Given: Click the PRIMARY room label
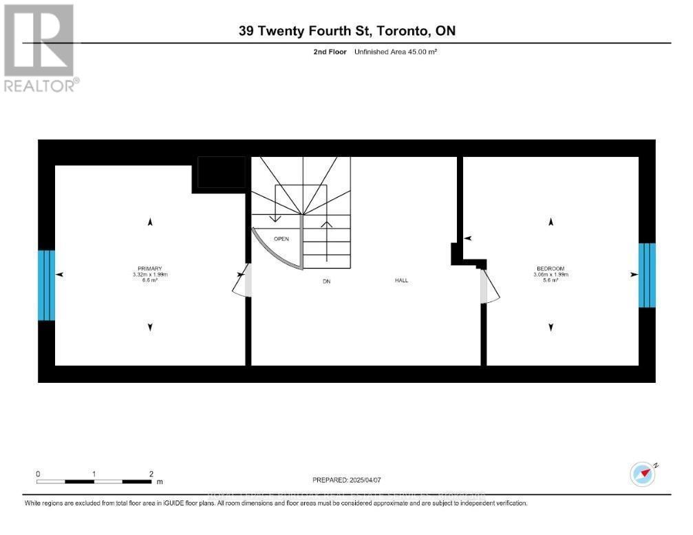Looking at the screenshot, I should coord(150,269).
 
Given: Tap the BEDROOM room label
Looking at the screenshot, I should coord(551,269).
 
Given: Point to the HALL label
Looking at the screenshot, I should coord(401,280).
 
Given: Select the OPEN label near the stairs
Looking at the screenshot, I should coord(281,239).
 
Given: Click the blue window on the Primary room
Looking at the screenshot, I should coord(46,285).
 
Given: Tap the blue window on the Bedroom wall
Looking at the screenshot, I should coord(647,275).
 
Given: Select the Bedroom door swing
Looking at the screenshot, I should coord(490,287).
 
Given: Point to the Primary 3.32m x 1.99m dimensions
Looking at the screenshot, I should coord(150,275).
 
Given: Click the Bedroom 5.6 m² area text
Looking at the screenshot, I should coord(551,280).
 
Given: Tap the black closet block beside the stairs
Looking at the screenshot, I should coord(222,172).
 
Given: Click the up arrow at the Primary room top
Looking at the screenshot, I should coord(150,222).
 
